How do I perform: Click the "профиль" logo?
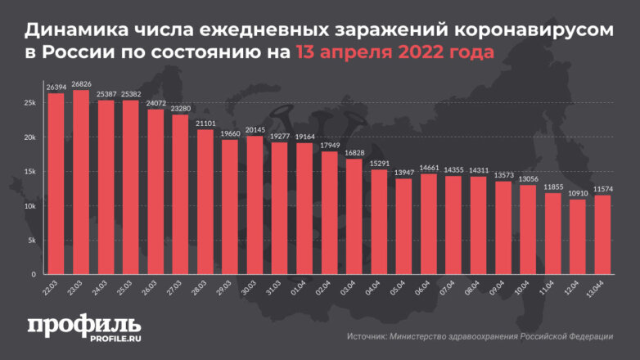84,326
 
